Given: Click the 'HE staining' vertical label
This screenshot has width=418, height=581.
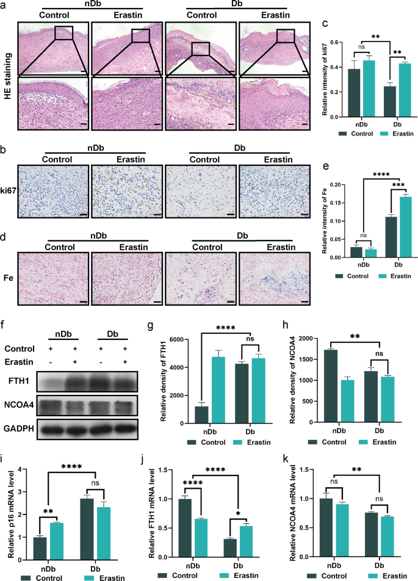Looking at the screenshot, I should point(7,79).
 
